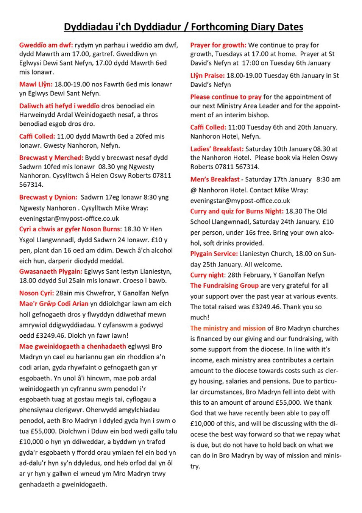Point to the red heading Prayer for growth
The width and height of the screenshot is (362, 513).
pos(218,45)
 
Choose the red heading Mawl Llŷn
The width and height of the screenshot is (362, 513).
pos(36,84)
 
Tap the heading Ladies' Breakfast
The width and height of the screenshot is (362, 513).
pos(217,149)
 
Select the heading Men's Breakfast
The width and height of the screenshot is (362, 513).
pos(215,179)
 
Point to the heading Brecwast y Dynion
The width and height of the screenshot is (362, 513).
pos(48,197)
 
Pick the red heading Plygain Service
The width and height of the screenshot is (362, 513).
pos(214,254)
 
